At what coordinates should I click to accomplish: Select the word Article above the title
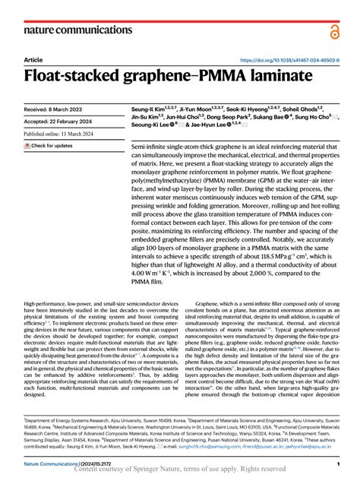33,59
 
